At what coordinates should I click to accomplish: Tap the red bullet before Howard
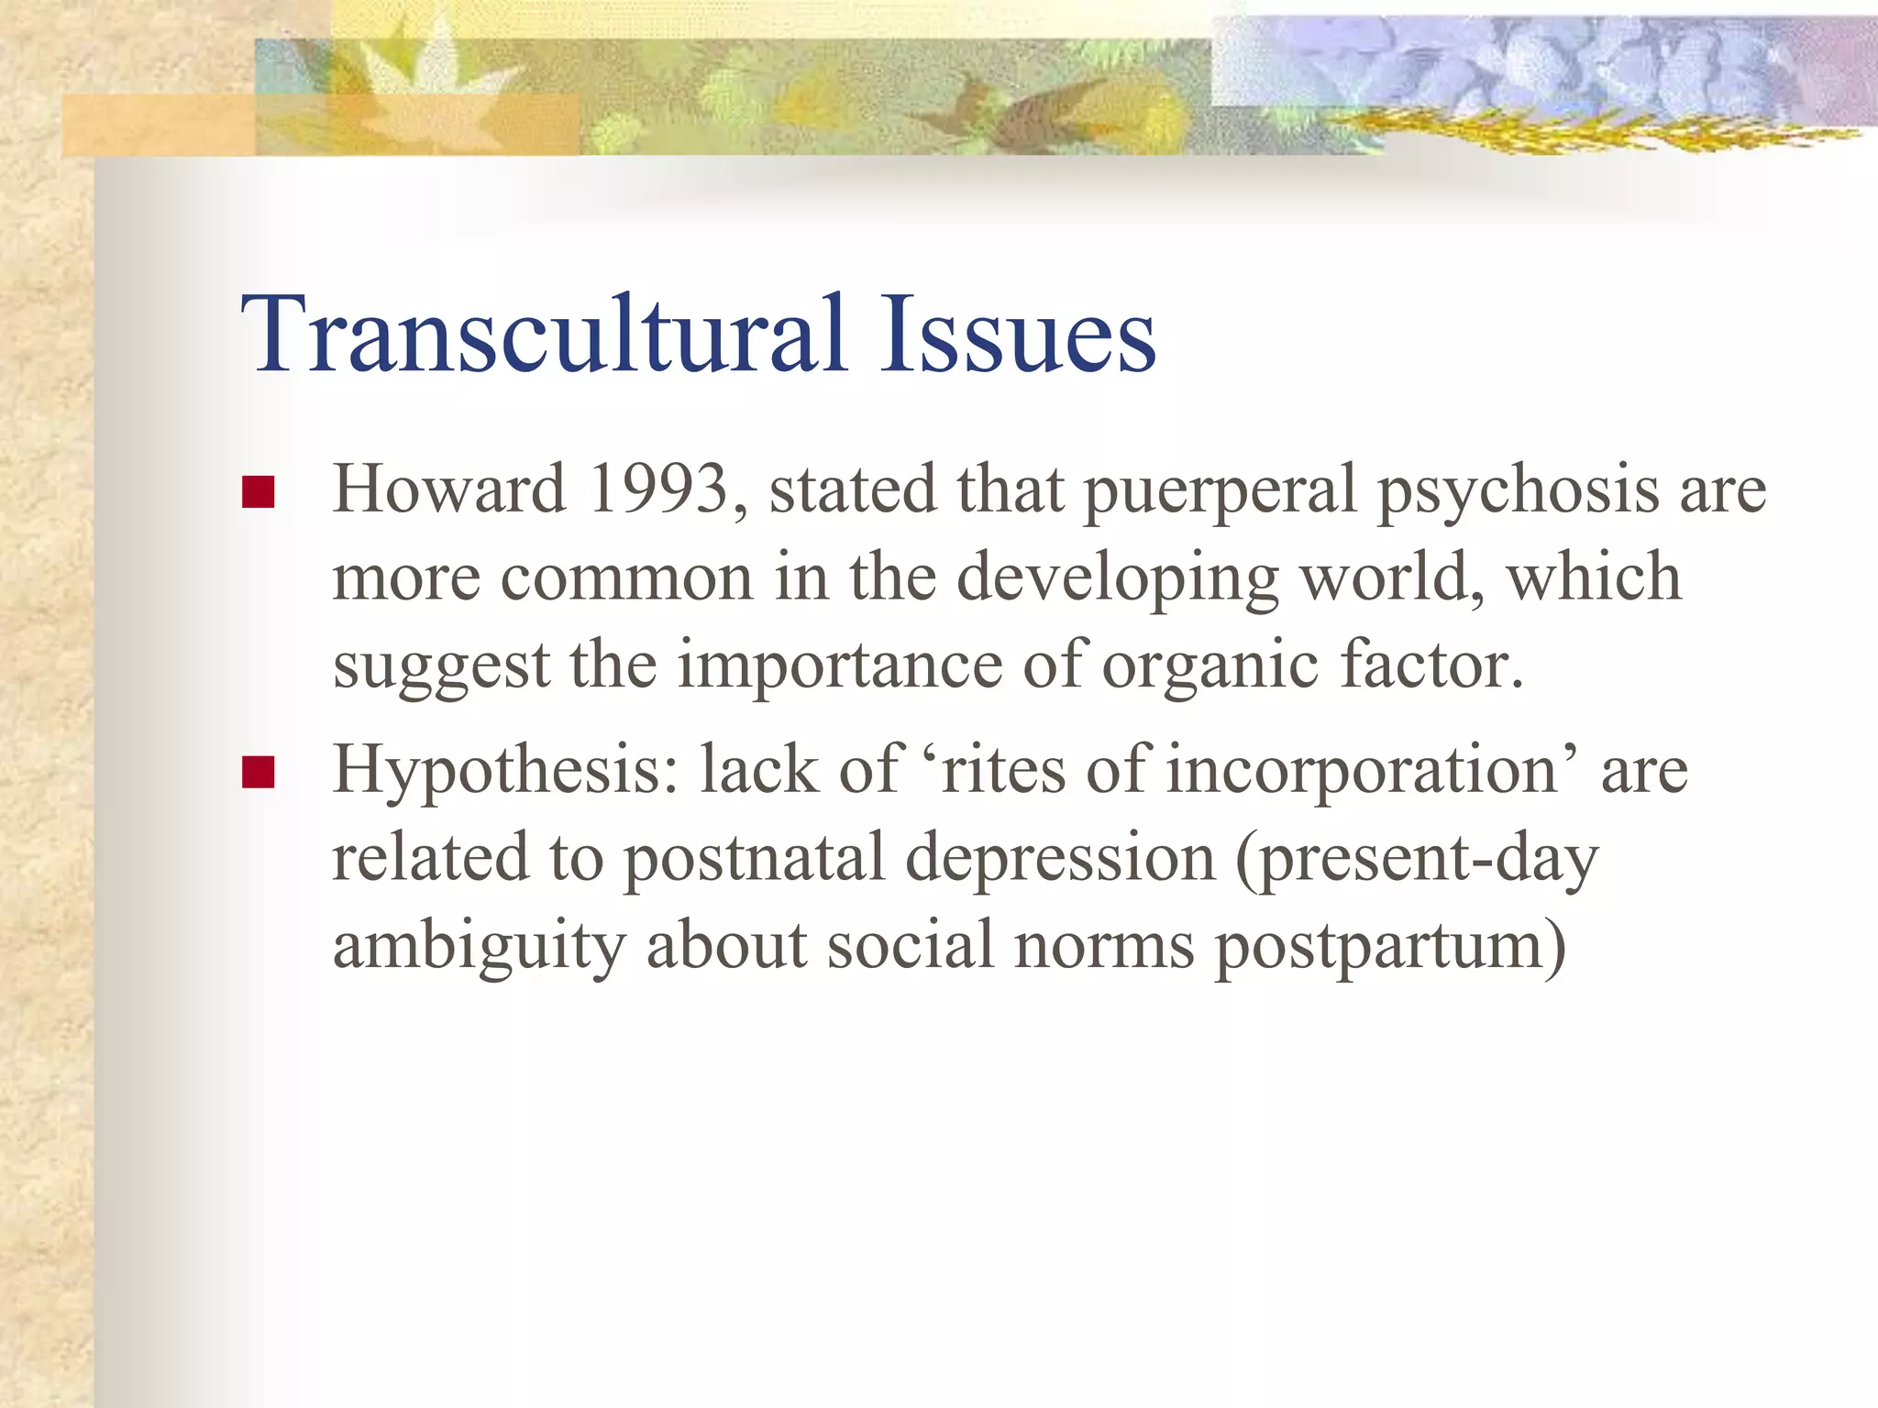(x=259, y=492)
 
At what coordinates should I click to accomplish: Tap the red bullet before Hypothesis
(x=259, y=772)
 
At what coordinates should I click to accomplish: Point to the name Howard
(x=448, y=489)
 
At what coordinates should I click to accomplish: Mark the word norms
(x=1104, y=946)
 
